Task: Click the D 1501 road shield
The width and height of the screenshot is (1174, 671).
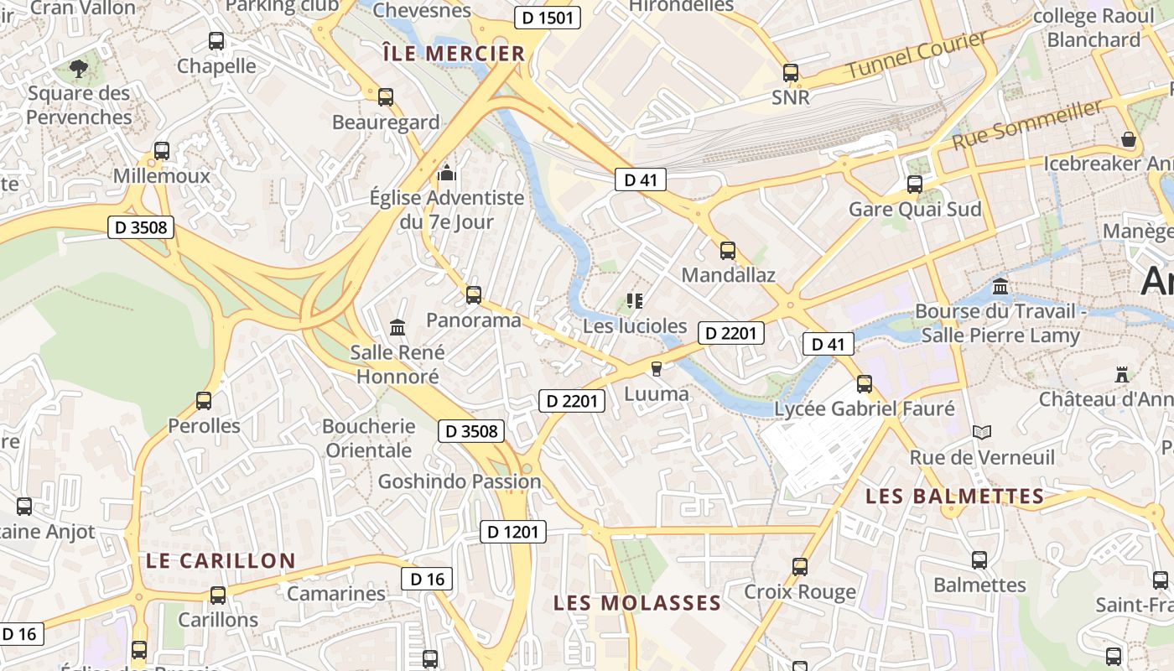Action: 547,18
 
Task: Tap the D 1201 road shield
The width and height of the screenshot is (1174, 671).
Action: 513,531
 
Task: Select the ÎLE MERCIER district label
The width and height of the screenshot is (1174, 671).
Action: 453,54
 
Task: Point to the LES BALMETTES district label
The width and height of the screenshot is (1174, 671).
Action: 955,497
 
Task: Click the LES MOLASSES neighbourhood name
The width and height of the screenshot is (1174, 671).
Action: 637,602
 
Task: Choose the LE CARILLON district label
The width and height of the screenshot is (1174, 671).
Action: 221,560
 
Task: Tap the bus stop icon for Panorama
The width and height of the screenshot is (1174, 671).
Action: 474,294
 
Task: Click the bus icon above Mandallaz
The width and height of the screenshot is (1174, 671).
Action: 728,250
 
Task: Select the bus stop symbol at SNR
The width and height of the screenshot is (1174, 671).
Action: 790,73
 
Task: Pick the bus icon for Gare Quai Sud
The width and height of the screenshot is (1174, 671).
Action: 915,184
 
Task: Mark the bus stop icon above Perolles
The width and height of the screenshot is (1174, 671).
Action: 204,400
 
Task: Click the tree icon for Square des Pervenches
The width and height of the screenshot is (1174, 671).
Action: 79,68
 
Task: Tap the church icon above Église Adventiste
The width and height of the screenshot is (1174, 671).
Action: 446,174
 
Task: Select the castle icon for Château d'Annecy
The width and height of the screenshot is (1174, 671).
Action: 1122,374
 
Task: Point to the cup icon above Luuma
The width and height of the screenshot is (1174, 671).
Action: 657,368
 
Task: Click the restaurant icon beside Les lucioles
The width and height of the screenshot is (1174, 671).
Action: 635,300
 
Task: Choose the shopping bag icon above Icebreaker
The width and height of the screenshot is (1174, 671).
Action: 1129,139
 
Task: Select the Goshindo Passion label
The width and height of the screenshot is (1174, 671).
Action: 460,481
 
